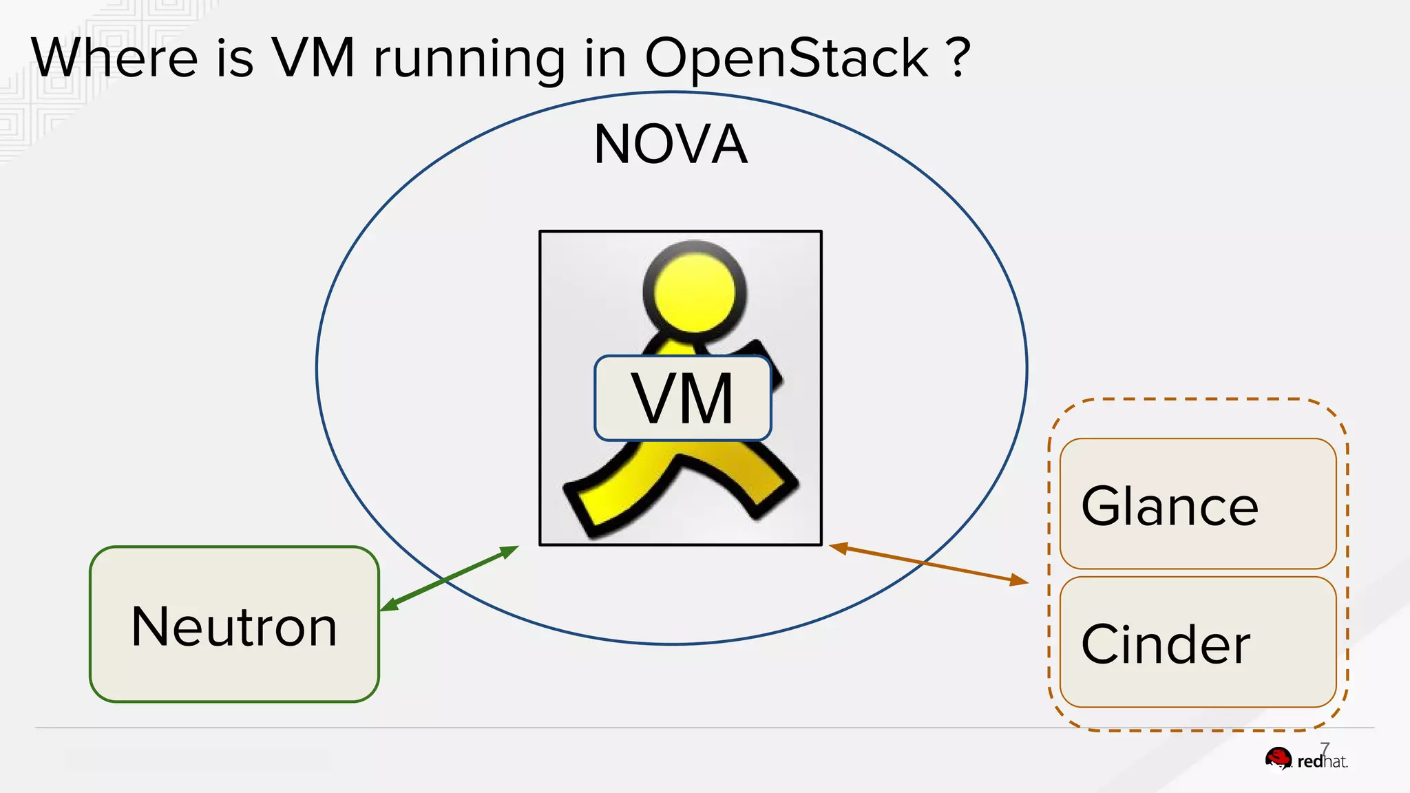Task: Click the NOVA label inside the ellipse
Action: [671, 145]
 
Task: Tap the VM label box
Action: [682, 398]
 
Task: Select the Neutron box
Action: [234, 624]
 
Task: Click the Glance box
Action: [1197, 504]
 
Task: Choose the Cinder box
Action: [1197, 642]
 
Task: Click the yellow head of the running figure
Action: [695, 292]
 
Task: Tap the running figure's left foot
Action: [585, 506]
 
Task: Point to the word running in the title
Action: [469, 61]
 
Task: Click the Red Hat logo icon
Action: [1279, 759]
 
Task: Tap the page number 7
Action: [1325, 748]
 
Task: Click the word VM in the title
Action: [313, 58]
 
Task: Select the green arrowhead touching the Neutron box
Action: [389, 605]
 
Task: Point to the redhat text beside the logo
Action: [1322, 762]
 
